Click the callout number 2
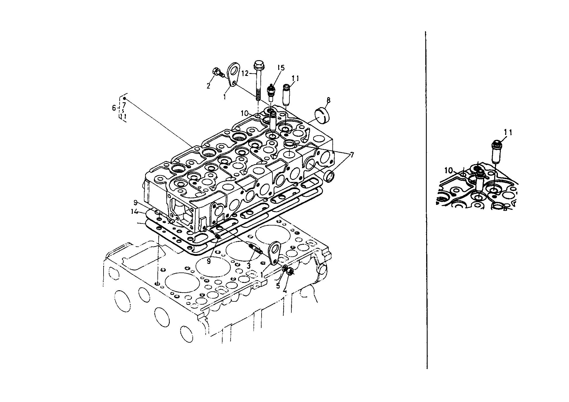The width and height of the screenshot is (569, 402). [x=208, y=85]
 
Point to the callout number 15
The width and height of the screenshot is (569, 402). [x=281, y=68]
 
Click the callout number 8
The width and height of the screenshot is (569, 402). [x=328, y=100]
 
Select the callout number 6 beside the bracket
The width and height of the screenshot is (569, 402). [x=114, y=108]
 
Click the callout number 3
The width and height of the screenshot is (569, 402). [x=249, y=266]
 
